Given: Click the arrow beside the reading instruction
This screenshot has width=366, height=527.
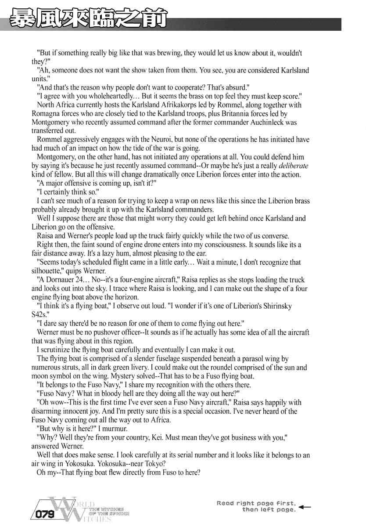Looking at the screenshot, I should pos(305,507).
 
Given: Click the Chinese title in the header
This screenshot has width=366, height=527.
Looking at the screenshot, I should pos(88,20).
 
